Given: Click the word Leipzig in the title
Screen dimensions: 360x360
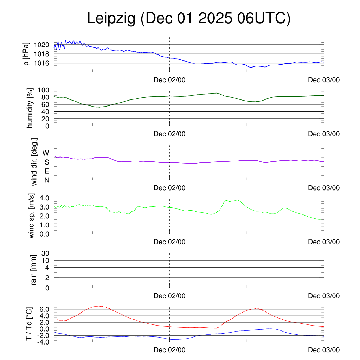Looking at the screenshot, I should coord(111,19).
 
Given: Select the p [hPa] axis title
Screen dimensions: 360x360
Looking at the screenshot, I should coord(26,54).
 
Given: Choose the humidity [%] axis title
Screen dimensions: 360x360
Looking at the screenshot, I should coord(30,108).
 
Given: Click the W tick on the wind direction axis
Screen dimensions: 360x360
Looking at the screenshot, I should coord(46,153).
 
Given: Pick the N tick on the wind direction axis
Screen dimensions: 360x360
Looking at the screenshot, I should coord(46,180).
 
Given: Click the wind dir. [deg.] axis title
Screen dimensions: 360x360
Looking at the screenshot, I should coord(34,162).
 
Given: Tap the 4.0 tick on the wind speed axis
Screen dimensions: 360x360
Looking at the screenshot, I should coord(44,198).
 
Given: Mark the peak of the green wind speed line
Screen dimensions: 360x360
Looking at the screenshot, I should coord(238,200).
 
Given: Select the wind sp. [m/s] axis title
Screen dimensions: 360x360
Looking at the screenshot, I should coord(32,216).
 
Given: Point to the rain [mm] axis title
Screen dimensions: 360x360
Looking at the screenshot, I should coord(34,270).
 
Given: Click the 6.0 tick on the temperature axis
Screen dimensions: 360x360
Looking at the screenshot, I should coord(44,309).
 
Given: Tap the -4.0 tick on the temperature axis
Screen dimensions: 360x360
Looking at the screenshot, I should coord(43,341).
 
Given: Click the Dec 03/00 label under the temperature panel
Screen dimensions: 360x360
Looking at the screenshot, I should coord(324,350).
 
